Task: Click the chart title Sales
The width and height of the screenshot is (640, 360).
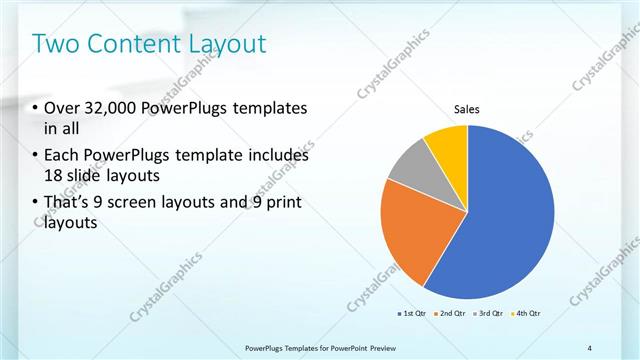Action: point(467,109)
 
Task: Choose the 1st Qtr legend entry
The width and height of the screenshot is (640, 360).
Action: point(412,314)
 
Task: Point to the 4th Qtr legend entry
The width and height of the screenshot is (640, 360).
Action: point(525,314)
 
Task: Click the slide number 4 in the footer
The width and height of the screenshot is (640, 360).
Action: point(589,347)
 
